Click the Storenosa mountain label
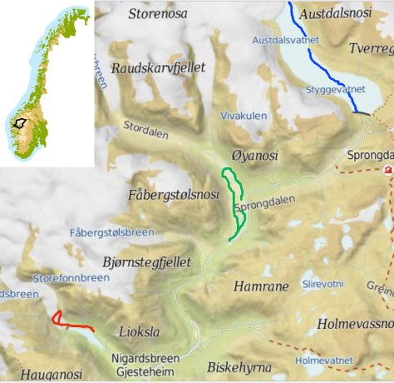159,13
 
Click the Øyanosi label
255,157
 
